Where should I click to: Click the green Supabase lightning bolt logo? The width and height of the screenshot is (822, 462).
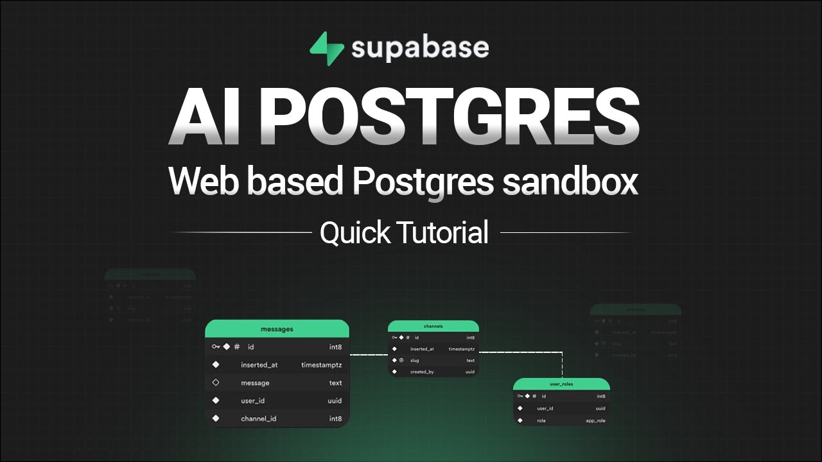[326, 49]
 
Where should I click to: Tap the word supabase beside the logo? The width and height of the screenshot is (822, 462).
[420, 49]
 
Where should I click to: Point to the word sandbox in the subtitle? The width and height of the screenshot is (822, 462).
[570, 182]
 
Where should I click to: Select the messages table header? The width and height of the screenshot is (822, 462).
[277, 329]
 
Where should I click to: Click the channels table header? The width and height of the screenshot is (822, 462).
[433, 326]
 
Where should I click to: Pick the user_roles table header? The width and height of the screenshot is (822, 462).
[561, 384]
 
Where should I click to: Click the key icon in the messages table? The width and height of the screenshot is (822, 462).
[215, 347]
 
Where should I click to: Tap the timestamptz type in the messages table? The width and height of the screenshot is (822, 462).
[321, 365]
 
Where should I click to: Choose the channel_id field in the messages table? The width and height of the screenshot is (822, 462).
[259, 419]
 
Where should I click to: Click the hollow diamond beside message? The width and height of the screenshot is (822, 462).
[216, 383]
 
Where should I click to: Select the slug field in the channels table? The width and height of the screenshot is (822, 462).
[415, 361]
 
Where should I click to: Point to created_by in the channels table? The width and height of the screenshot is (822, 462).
[422, 372]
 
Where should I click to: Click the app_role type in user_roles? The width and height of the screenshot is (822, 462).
[595, 421]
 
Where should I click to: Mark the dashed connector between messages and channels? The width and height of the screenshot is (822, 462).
[369, 355]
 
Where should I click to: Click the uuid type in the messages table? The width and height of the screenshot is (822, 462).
[335, 401]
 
